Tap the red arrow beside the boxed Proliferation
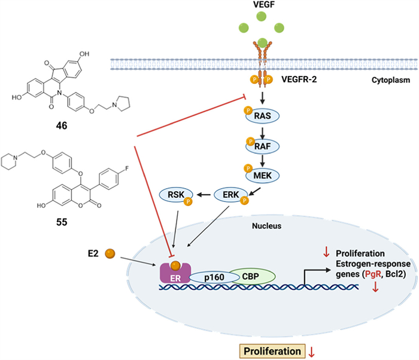pyautogui.click(x=311, y=349)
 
